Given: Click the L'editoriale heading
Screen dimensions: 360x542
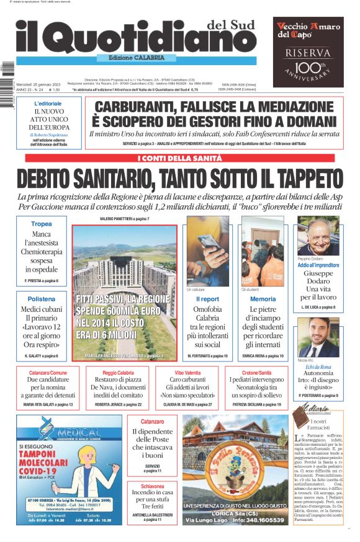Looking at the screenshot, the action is click(48, 103).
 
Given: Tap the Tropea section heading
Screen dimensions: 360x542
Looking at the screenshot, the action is click(42, 224).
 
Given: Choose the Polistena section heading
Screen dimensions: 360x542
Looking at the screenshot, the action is click(42, 298).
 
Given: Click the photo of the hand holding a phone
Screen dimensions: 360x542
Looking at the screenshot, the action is click(208, 251).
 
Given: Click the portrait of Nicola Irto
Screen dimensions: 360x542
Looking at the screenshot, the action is click(318, 337).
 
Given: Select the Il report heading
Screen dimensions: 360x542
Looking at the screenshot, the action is click(207, 298).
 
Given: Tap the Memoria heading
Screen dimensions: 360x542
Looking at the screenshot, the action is click(263, 298).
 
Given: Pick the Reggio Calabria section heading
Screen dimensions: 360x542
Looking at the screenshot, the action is click(118, 373).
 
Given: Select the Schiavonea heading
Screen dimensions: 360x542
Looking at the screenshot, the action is click(152, 487).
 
